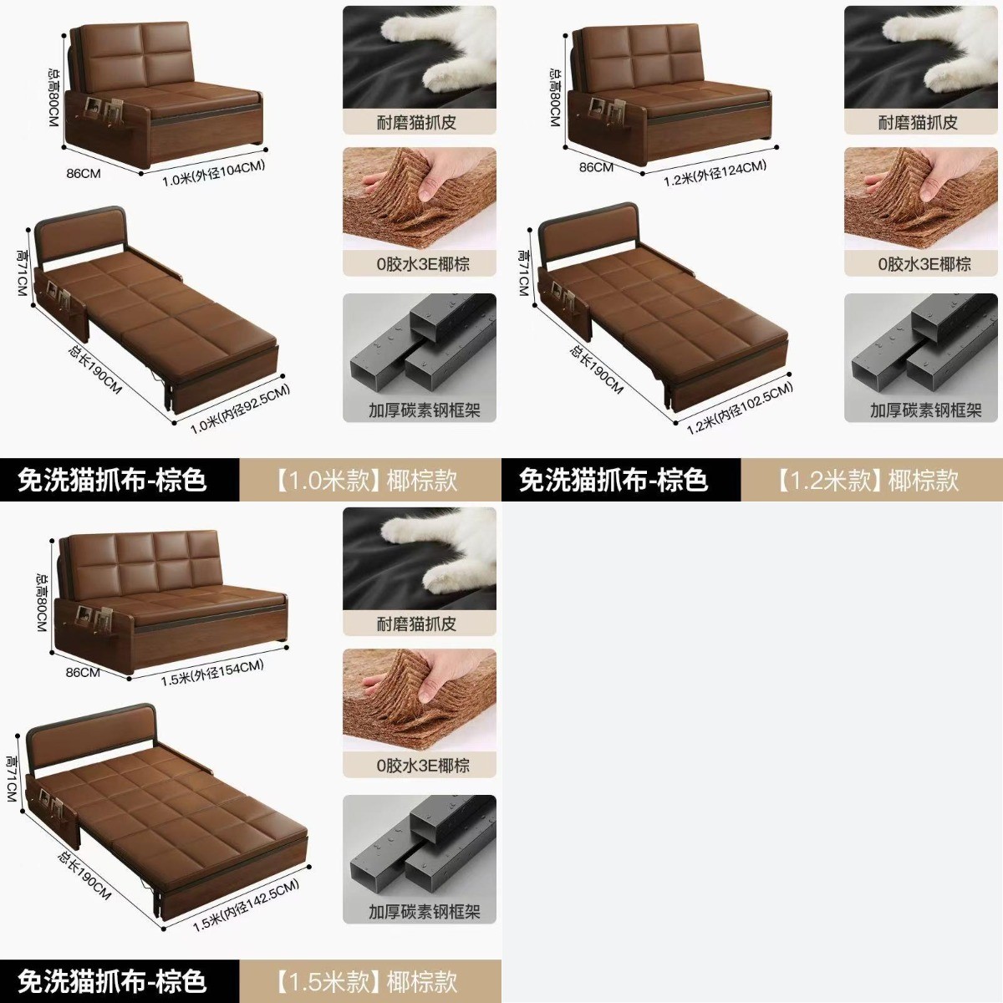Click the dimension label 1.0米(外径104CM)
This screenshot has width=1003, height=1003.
pos(213,173)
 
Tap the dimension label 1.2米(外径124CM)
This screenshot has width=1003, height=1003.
pos(715,173)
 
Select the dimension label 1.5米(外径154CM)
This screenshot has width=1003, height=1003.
pos(211,673)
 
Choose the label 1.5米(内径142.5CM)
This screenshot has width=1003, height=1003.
pos(246,905)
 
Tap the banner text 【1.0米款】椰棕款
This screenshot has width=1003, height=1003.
pos(366,480)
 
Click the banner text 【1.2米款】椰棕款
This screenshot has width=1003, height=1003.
pos(867,480)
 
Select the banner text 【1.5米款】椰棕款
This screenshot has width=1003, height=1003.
pos(366,981)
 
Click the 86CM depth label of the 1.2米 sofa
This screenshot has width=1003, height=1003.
pos(596,167)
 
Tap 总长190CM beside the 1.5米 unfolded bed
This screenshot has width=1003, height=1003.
pos(84,875)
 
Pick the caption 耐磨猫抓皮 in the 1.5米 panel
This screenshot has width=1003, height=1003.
pos(416,624)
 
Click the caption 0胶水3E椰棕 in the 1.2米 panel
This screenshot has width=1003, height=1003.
pos(924,264)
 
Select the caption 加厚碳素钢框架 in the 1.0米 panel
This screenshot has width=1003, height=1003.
pos(425,410)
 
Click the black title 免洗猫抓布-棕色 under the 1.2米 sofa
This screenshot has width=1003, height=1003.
pos(614,480)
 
